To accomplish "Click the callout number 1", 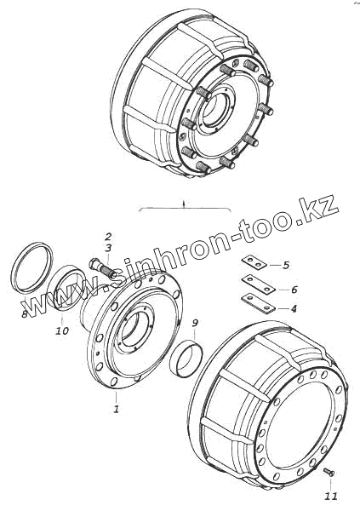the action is pos(116,408).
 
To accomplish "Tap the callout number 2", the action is pos(108,236).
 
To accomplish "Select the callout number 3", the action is pos(108,248).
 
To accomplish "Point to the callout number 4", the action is pos(294,308).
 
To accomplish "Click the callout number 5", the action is pos(286,265).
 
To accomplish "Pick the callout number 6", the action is pos(294,289).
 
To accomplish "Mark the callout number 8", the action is pos(25,314).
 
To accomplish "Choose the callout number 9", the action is pos(195,323).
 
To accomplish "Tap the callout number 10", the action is pos(61,330).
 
